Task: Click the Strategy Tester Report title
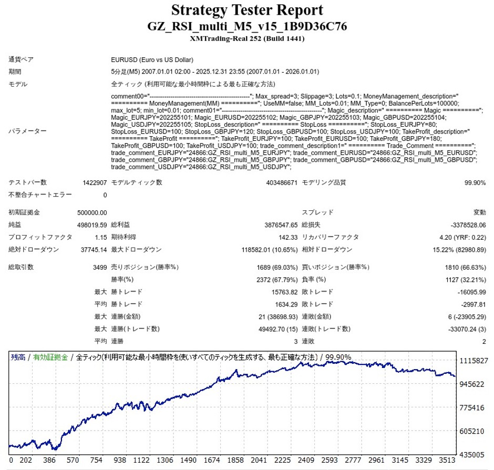(246, 10)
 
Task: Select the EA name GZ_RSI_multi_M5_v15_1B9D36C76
(246, 26)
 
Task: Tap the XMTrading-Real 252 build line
(246, 38)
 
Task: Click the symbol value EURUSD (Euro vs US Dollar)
(152, 60)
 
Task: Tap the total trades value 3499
(99, 267)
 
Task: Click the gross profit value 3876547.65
(274, 225)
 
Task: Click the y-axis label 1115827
(474, 361)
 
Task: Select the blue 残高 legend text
(18, 357)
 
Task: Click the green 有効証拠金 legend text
(50, 357)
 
